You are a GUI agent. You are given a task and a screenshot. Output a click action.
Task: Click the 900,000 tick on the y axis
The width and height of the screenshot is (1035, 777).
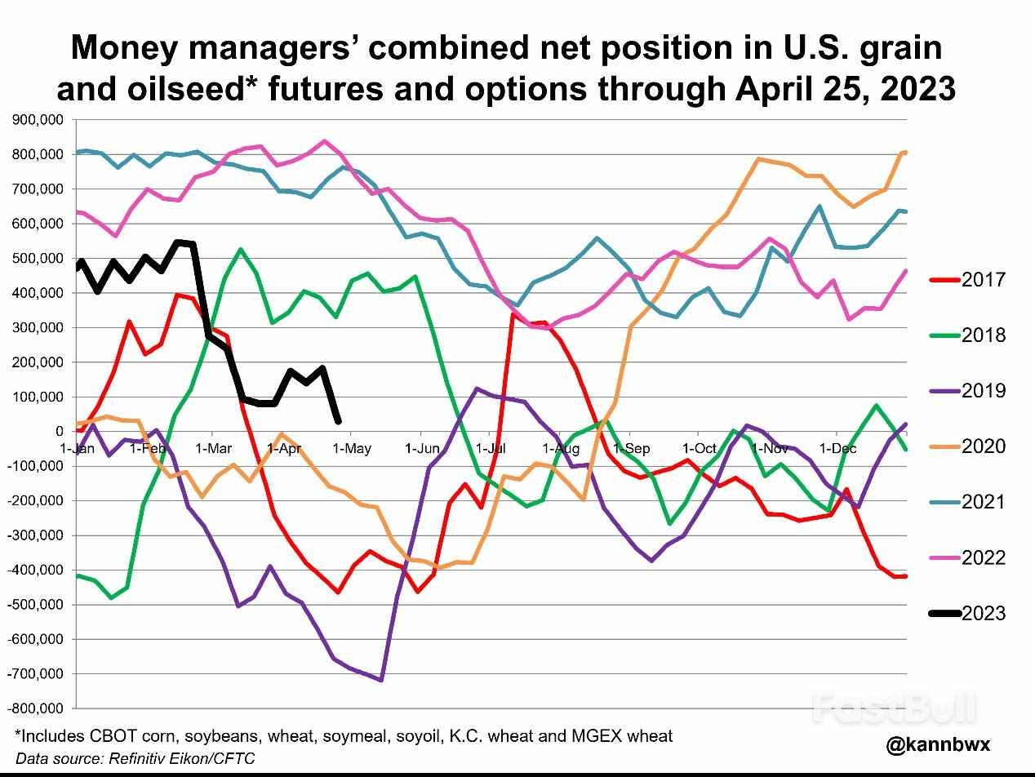38,120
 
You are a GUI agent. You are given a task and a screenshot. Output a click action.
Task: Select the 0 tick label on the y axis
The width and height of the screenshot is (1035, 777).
59,431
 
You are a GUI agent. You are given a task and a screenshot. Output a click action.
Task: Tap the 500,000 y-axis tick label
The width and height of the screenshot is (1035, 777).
38,259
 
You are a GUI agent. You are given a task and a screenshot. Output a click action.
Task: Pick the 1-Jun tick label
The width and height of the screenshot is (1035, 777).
422,448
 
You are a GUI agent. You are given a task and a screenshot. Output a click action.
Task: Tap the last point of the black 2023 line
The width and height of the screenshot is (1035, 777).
338,421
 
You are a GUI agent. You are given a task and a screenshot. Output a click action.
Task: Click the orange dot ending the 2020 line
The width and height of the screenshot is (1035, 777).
904,153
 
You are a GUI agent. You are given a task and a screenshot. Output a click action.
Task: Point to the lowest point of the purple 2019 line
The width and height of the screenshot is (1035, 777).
381,680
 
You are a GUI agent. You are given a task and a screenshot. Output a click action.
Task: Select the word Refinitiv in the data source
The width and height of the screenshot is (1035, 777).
135,758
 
